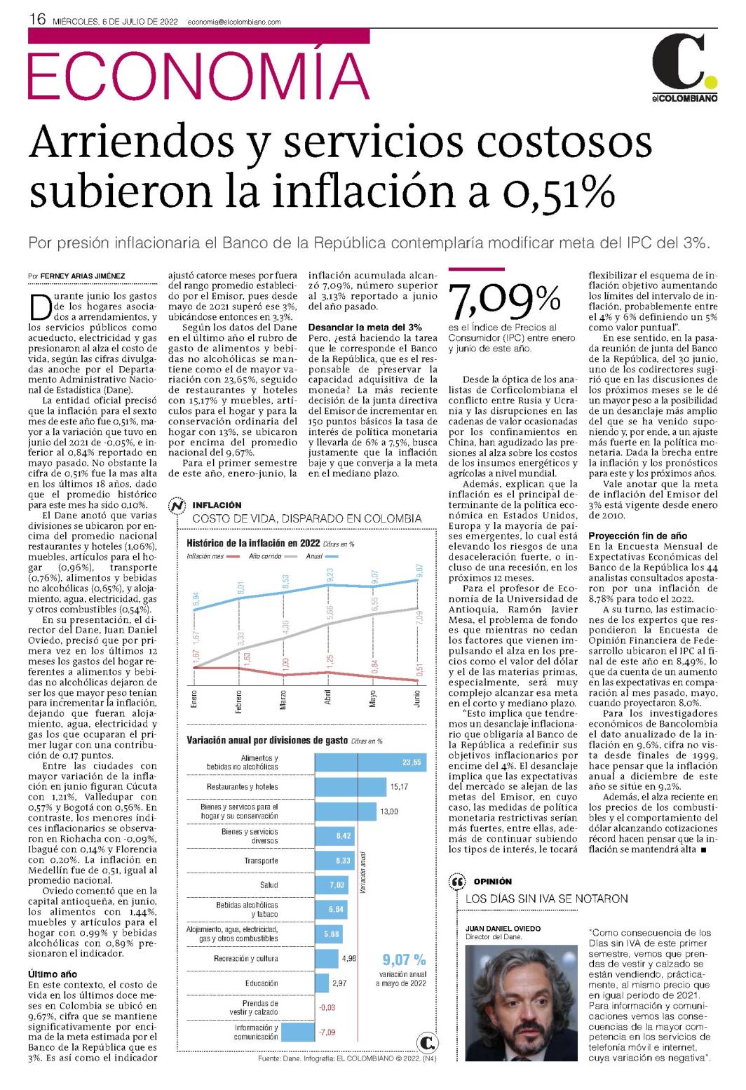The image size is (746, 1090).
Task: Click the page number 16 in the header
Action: coord(37,19)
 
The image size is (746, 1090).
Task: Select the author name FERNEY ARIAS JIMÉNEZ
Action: coord(83,276)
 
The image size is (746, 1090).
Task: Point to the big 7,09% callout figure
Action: coord(504,300)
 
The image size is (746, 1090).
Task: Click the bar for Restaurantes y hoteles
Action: coord(351,786)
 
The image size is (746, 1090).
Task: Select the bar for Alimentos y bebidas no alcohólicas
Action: coord(371,762)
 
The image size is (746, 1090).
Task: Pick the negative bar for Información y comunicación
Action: coord(298,1032)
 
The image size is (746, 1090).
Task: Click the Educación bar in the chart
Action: coord(321,983)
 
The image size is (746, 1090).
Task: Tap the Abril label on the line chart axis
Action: coord(327,697)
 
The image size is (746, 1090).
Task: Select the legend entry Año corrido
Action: coord(265,556)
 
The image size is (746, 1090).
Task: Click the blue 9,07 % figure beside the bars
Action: coord(404,960)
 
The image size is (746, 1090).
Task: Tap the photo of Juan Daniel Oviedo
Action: coord(522,1003)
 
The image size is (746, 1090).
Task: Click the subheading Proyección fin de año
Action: coord(637,536)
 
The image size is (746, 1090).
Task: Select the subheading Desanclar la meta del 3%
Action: coord(365,327)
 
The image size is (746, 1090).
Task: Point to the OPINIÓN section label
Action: coord(493,881)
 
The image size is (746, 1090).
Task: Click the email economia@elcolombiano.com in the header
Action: coord(234,22)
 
